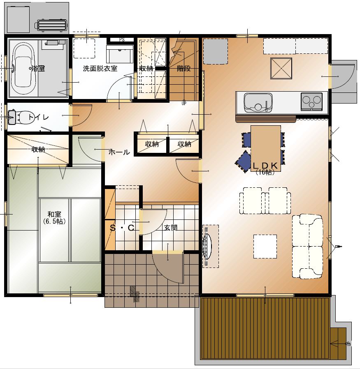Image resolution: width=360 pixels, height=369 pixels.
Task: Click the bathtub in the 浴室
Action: (23, 68)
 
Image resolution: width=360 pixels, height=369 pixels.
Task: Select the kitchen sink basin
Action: (258, 102)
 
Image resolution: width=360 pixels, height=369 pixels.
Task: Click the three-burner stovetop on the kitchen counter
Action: (311, 101)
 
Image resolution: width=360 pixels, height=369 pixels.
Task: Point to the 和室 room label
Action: (54, 214)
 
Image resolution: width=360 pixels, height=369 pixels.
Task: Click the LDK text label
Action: (265, 166)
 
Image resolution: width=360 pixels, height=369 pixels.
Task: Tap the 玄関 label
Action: (171, 228)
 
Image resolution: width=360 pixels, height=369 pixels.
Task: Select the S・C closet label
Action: (122, 228)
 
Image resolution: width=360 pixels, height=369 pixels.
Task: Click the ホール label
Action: (119, 152)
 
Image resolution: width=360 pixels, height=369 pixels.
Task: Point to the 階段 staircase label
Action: (184, 69)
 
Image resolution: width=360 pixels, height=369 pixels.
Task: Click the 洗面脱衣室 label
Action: (100, 69)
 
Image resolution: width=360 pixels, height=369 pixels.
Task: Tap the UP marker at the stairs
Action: (184, 103)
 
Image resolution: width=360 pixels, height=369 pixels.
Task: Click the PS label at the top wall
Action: (122, 40)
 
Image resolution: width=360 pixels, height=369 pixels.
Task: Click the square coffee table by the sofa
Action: (265, 247)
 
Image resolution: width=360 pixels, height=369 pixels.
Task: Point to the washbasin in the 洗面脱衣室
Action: (120, 54)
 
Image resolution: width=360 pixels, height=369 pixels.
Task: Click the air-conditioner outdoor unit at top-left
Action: (51, 25)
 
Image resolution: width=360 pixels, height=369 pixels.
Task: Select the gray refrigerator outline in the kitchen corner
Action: (215, 51)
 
